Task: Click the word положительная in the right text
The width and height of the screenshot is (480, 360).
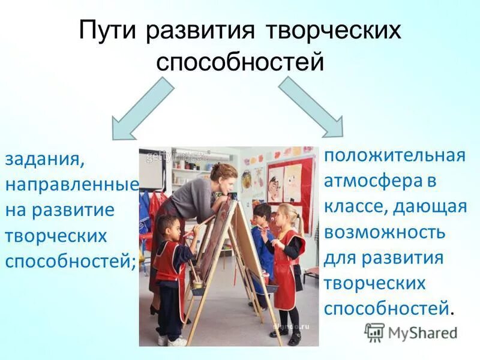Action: (x=395, y=155)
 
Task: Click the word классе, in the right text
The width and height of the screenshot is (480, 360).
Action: (x=355, y=206)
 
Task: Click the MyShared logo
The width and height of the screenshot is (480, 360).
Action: (x=410, y=333)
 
